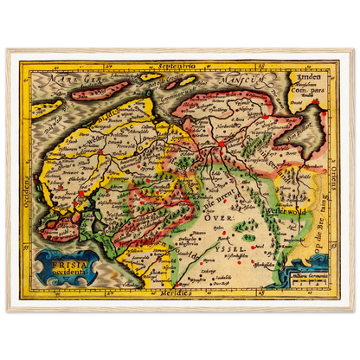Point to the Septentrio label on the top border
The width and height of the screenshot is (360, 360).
tap(180, 66)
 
